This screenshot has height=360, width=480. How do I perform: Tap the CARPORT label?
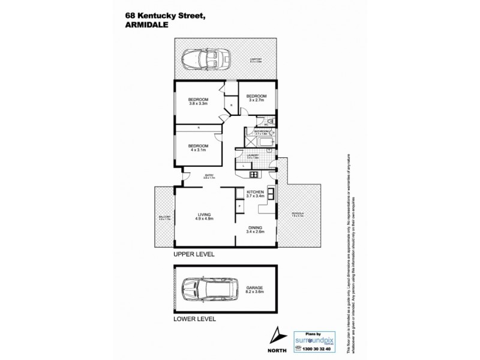pyautogui.click(x=256, y=59)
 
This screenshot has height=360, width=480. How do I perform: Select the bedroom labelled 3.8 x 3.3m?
pyautogui.click(x=197, y=101)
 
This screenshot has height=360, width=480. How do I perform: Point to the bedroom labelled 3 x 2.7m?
pyautogui.click(x=257, y=97)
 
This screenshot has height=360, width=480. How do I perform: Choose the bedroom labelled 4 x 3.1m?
pyautogui.click(x=197, y=148)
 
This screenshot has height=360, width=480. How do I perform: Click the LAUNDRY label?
pyautogui.click(x=253, y=155)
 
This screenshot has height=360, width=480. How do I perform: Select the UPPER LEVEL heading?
pyautogui.click(x=193, y=254)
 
